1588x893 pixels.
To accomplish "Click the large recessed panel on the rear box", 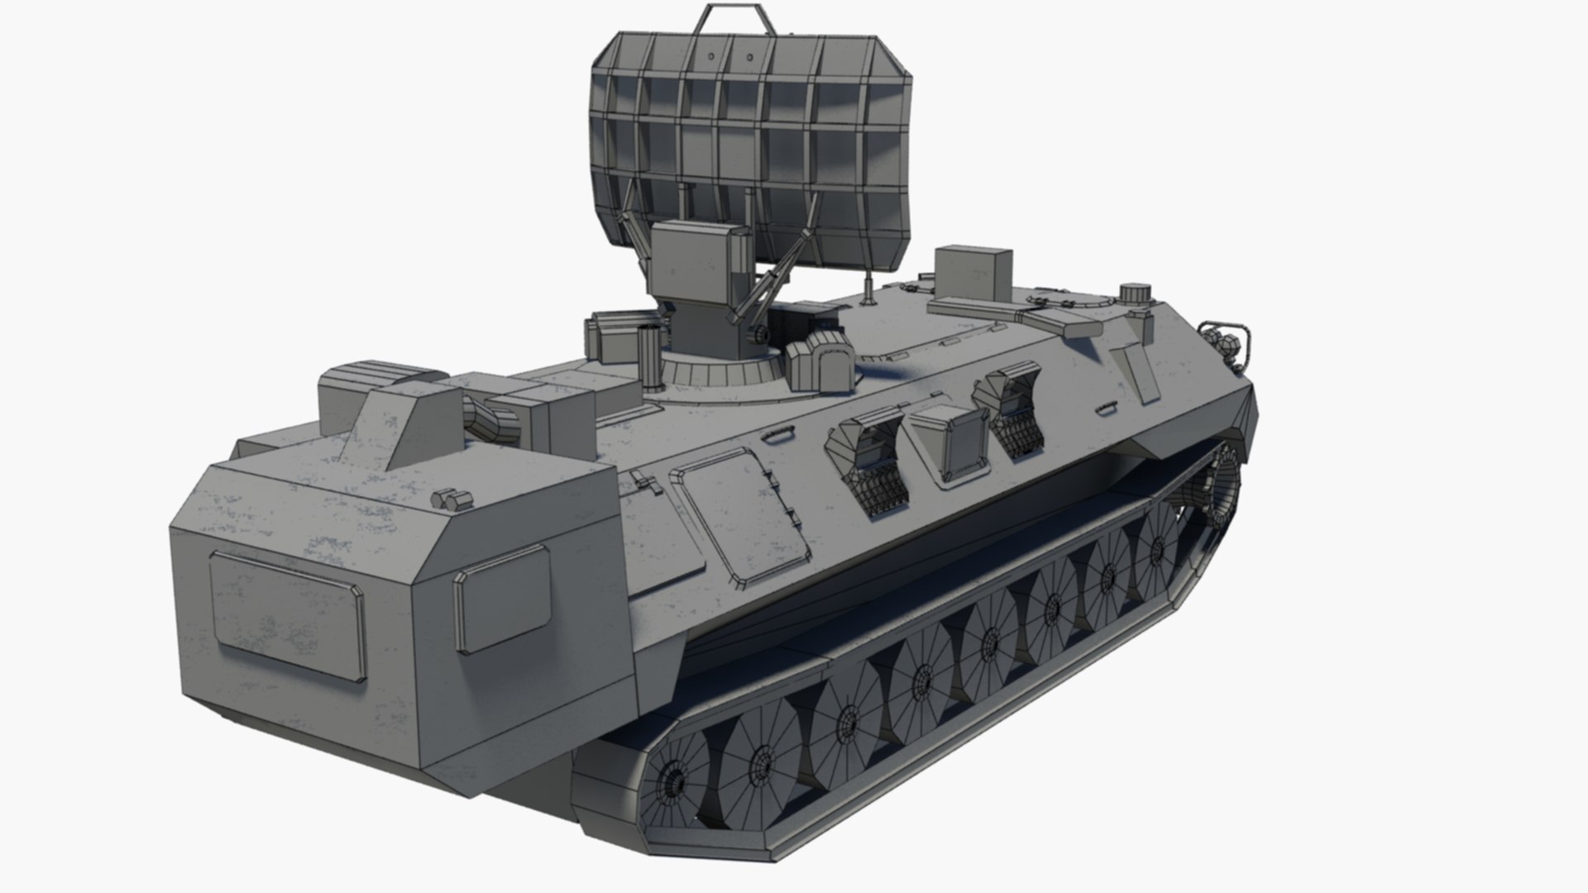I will pos(287,614).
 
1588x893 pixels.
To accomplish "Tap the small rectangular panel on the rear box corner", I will pos(502,597).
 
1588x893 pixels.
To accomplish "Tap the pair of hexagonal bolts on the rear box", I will pos(447,499).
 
